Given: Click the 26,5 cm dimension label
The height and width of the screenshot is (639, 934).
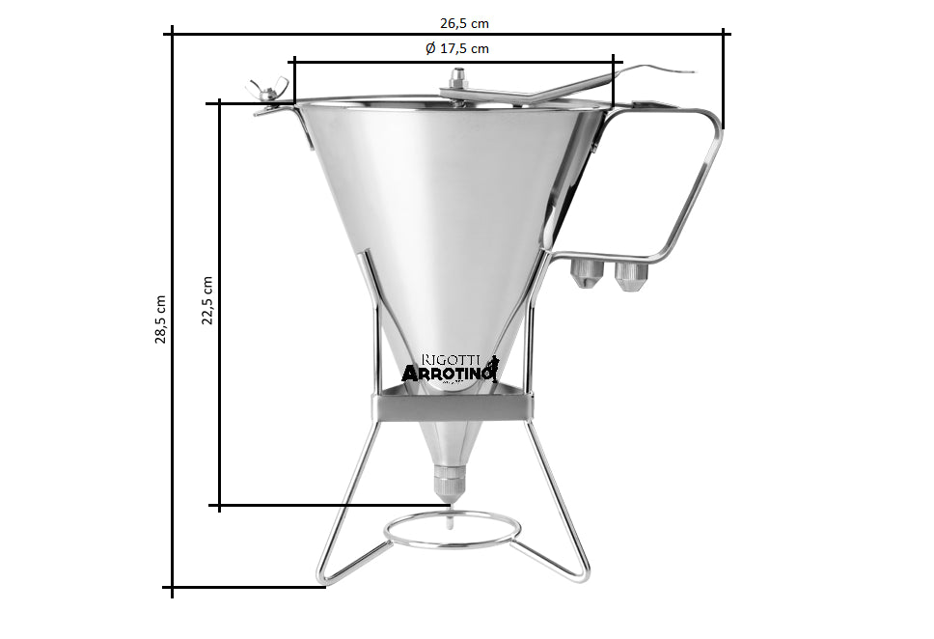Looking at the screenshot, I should tap(450, 22).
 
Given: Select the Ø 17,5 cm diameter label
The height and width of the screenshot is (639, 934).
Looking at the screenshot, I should tap(457, 48).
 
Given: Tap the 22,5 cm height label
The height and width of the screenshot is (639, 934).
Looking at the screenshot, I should tap(207, 299).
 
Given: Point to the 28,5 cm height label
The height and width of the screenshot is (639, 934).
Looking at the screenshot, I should tap(160, 319).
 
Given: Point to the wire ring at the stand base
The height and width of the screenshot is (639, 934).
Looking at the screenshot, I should tap(453, 528).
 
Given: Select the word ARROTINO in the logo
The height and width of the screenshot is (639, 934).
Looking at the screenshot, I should tap(448, 374).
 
